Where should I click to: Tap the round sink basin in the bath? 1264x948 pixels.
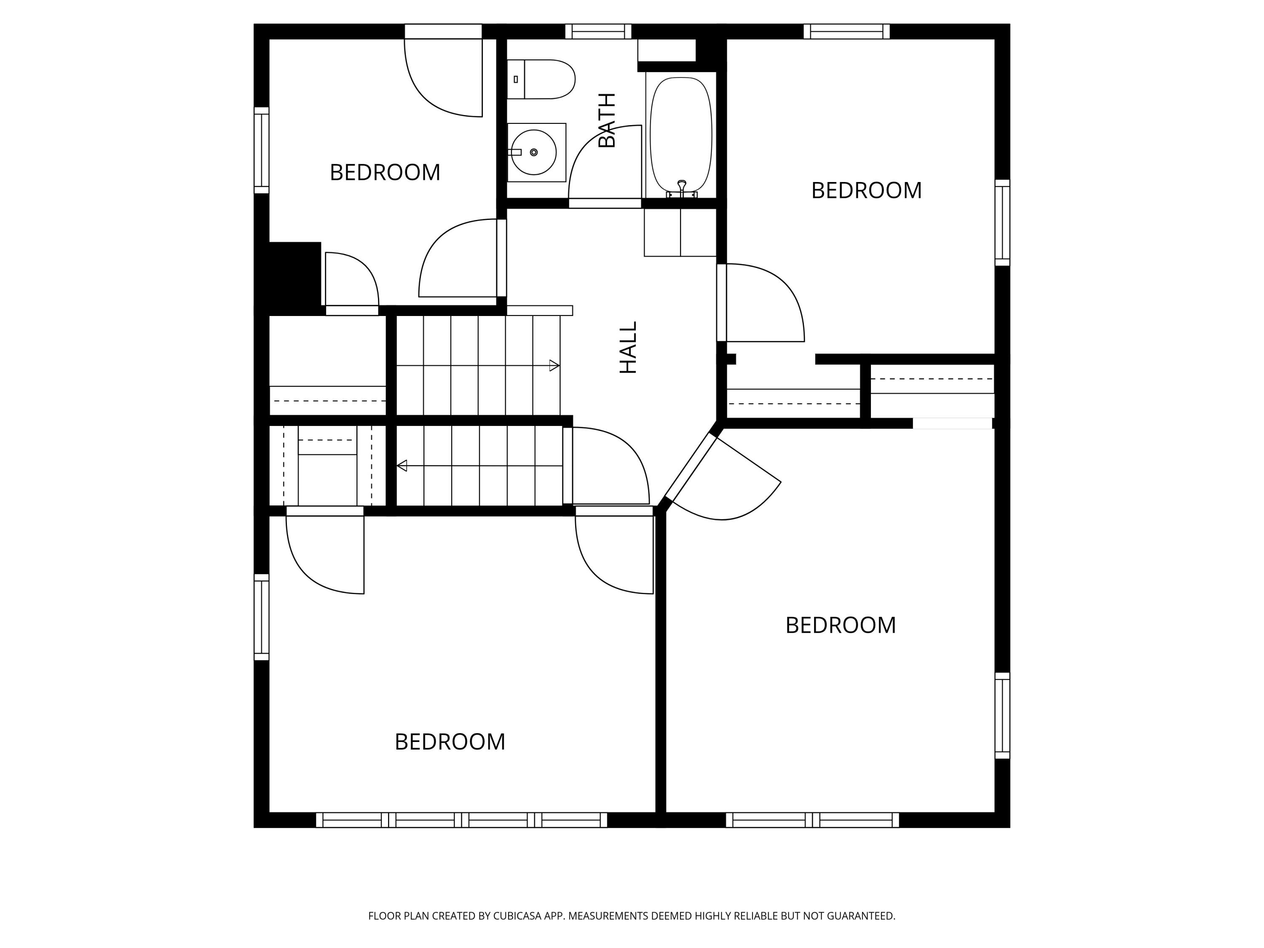point(533,153)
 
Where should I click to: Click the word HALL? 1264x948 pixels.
point(629,348)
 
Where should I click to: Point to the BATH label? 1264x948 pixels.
point(607,120)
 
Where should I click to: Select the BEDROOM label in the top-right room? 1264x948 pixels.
point(866,191)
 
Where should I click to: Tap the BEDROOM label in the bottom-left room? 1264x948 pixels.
point(450,742)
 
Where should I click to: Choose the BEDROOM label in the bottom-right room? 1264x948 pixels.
point(841,625)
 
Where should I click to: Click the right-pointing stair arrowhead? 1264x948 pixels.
point(554,366)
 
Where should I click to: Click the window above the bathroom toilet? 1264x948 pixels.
point(598,32)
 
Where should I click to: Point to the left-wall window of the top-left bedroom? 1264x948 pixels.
point(261,150)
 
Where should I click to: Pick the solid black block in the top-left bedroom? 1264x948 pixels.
point(294,277)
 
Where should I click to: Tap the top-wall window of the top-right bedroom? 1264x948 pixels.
point(846,32)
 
